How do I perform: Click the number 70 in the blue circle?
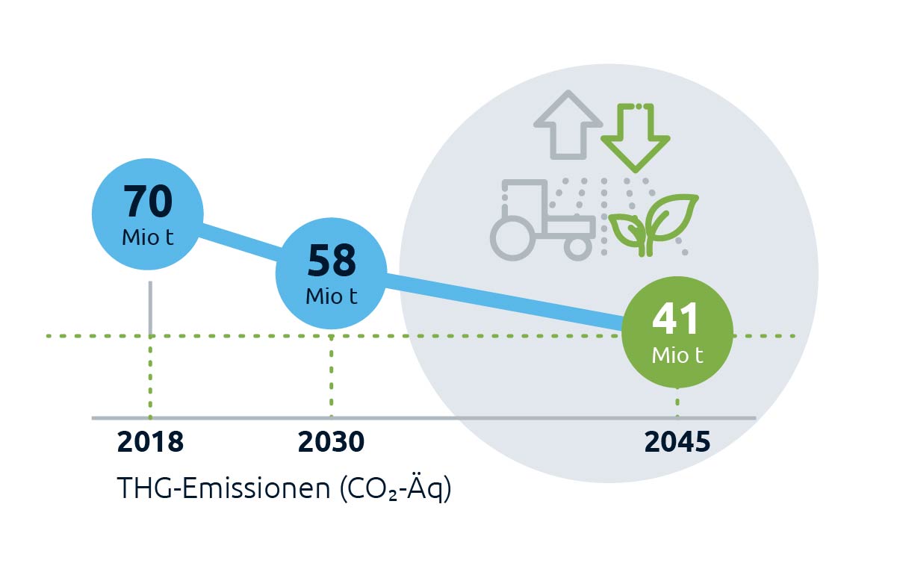tap(148, 201)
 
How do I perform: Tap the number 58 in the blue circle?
tap(332, 261)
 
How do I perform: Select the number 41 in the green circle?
tap(676, 319)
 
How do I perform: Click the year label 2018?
tap(150, 442)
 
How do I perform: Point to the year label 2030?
tap(331, 442)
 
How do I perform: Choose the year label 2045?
tap(677, 442)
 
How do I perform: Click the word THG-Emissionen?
tap(223, 488)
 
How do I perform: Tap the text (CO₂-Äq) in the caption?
tap(396, 488)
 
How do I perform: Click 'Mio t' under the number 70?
tap(148, 237)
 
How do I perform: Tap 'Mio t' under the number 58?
tap(332, 296)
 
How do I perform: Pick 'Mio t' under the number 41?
tap(677, 355)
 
